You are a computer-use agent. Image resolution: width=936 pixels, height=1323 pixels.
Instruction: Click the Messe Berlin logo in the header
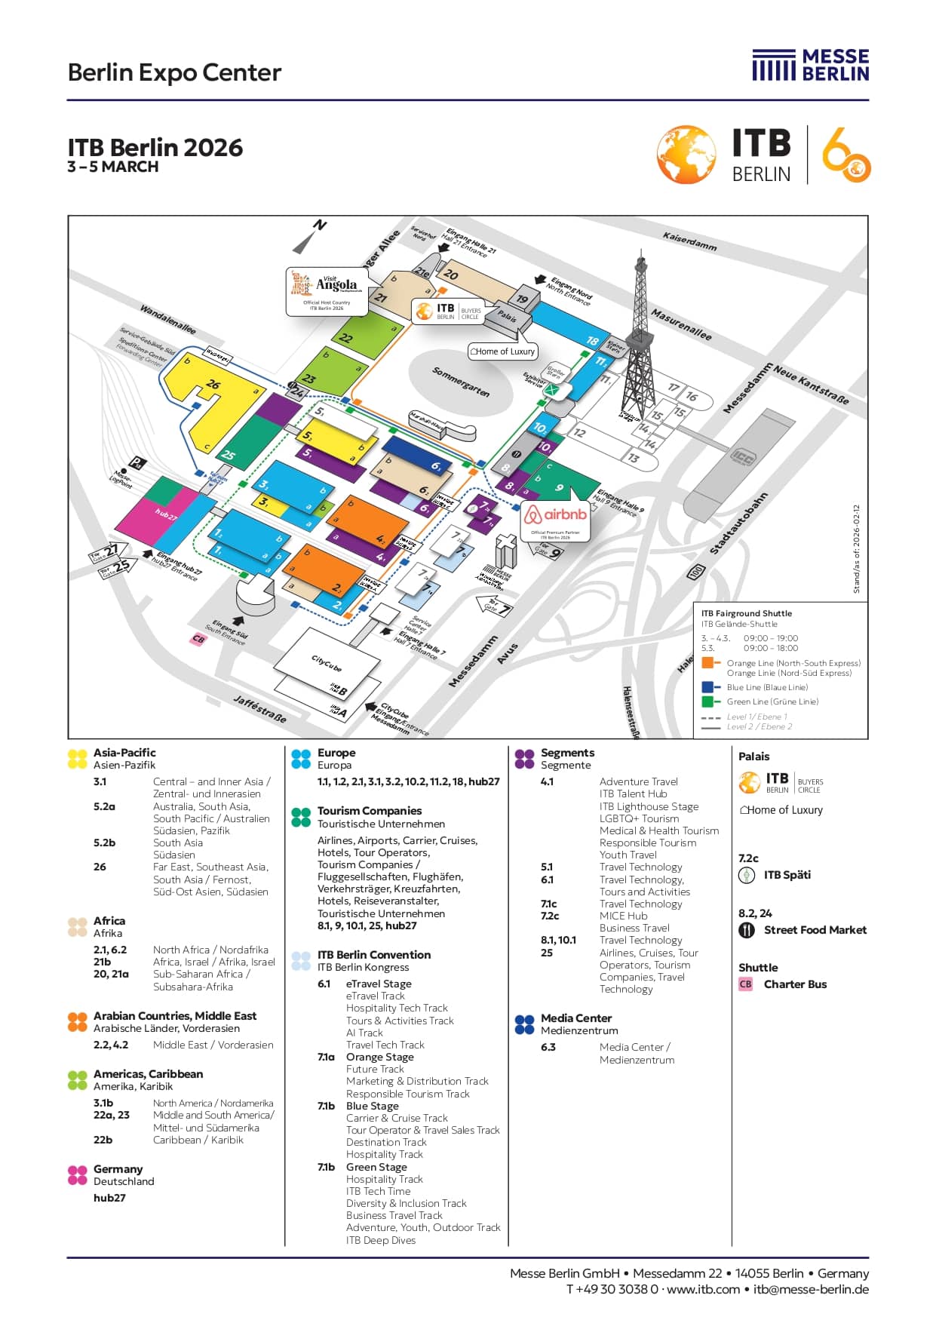point(810,66)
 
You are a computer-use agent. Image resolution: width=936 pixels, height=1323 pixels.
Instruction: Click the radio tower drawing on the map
point(638,332)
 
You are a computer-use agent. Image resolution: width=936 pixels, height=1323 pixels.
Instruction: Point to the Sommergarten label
point(460,382)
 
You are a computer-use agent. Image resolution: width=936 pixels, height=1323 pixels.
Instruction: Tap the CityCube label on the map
point(326,663)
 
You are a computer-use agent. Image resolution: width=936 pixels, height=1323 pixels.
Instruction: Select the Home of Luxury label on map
point(502,351)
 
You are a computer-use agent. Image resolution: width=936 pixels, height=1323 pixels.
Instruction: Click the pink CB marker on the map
point(198,639)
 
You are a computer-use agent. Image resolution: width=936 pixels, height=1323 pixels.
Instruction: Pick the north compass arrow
point(309,237)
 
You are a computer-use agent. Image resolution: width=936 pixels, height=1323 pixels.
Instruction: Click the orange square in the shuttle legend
point(707,663)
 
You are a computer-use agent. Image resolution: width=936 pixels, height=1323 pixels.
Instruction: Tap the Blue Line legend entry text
point(766,687)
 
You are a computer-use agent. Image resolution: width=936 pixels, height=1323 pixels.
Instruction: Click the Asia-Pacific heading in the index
point(124,753)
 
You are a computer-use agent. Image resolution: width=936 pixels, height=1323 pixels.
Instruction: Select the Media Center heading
point(575,1018)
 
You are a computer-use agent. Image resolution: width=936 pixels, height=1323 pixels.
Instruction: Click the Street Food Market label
point(815,930)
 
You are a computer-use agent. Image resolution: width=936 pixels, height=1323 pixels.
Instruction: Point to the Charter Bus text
point(795,984)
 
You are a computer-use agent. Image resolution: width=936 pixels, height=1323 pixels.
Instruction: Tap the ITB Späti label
point(787,875)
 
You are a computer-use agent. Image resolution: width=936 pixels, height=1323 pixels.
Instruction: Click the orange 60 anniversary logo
point(846,155)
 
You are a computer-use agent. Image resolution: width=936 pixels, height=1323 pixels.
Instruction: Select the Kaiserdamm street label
point(689,241)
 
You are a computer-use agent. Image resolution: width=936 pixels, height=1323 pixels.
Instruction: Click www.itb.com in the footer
point(703,1289)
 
